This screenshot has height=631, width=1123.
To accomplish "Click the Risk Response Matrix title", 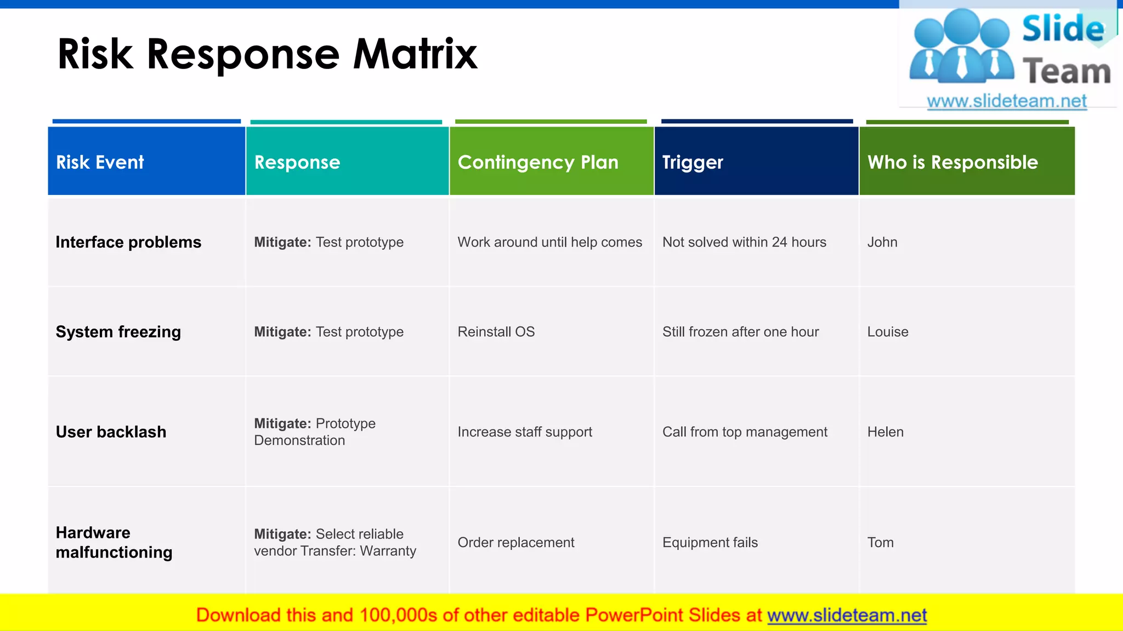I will pyautogui.click(x=267, y=54).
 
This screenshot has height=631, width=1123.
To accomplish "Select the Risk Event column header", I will pyautogui.click(x=100, y=162).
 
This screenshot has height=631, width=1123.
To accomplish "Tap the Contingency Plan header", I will pyautogui.click(x=538, y=162).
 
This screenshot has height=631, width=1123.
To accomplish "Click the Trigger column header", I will pyautogui.click(x=693, y=162).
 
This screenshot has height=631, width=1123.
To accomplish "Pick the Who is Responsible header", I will pyautogui.click(x=952, y=162).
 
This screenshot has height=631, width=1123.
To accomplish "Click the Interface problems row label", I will pyautogui.click(x=128, y=242).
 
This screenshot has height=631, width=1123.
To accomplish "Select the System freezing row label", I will pyautogui.click(x=118, y=332).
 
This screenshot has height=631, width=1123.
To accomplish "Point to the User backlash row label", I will pyautogui.click(x=111, y=432).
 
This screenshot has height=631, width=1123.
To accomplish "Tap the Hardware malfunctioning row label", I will pyautogui.click(x=114, y=542).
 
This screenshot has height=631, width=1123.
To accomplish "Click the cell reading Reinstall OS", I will pyautogui.click(x=496, y=332).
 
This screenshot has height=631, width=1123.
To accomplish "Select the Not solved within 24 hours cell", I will pyautogui.click(x=744, y=242).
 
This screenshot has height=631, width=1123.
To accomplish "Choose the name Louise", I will pyautogui.click(x=887, y=332).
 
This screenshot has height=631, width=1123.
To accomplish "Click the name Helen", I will pyautogui.click(x=885, y=432).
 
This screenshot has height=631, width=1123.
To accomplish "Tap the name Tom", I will pyautogui.click(x=880, y=543).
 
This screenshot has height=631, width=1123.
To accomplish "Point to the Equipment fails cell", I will pyautogui.click(x=710, y=543).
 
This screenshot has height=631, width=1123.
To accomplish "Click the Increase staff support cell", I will pyautogui.click(x=525, y=432).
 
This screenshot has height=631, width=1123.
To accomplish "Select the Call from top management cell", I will pyautogui.click(x=744, y=432).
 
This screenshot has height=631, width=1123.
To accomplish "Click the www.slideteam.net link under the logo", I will pyautogui.click(x=1006, y=101).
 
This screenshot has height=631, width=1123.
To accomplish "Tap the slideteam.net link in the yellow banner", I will pyautogui.click(x=847, y=616).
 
